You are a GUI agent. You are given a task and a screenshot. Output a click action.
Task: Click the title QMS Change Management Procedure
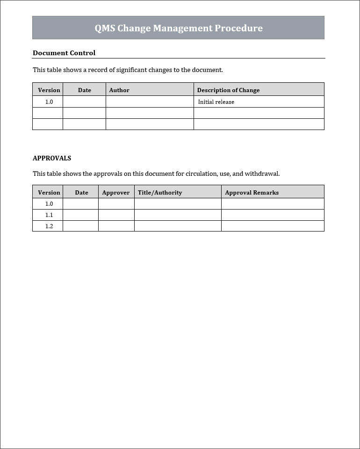178,28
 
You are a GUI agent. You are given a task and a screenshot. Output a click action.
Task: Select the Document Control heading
64,53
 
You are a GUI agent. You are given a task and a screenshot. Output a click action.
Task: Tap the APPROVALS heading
52,158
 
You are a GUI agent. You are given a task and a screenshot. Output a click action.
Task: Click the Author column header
119,90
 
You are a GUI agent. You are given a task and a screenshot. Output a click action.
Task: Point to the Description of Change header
228,90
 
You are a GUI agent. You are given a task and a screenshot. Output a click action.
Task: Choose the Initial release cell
216,102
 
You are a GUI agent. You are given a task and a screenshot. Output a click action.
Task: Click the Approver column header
116,192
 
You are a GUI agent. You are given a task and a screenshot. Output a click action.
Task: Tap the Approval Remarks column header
252,192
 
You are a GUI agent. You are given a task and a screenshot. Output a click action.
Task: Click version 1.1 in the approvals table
49,215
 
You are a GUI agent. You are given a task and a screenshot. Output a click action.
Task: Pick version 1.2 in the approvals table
49,226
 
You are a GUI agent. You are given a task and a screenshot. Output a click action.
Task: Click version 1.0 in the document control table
49,102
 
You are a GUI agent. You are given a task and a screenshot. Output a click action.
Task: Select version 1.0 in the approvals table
49,204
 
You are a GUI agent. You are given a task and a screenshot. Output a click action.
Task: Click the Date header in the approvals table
81,192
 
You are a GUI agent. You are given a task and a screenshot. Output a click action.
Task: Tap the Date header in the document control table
85,90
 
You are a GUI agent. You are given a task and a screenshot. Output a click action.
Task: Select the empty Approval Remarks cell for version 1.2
273,226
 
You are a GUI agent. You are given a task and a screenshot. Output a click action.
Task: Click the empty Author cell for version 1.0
150,102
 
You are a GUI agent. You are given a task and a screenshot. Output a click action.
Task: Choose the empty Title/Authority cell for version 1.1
178,215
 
